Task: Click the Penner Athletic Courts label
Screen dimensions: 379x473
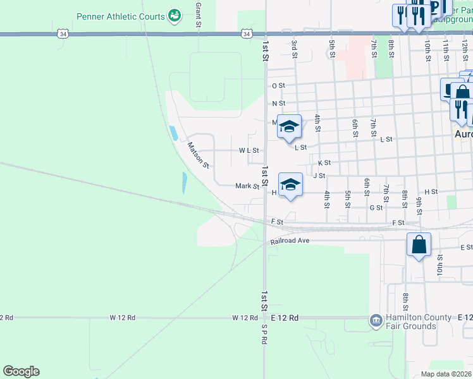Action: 120,16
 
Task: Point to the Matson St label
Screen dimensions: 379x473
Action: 198,155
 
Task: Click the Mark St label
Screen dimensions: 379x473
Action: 247,186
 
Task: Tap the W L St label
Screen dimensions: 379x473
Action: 249,151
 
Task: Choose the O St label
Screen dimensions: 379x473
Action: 279,85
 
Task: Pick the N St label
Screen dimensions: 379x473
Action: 279,104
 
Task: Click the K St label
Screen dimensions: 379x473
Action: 324,163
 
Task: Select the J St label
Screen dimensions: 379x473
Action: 319,176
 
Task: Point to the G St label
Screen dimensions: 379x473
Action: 376,207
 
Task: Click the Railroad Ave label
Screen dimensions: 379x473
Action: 290,241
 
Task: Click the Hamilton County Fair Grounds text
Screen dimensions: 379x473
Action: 411,322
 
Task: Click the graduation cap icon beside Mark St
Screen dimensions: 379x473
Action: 290,184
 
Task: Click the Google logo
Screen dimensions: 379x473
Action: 21,371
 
